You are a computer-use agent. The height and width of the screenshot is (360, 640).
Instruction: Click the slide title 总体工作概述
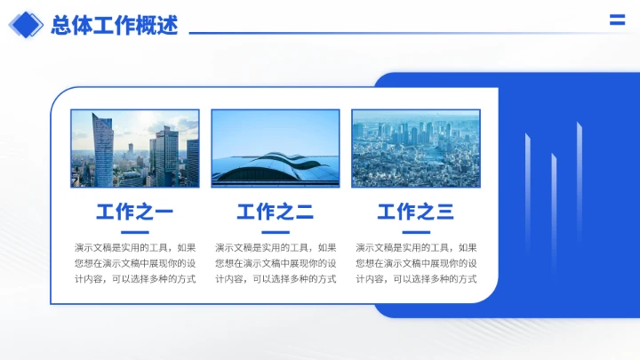[x=115, y=26]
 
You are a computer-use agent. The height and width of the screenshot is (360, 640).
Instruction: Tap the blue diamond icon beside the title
[x=26, y=25]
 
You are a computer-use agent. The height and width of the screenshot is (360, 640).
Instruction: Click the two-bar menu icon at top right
[x=617, y=21]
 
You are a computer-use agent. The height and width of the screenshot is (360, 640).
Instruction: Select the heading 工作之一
[x=134, y=212]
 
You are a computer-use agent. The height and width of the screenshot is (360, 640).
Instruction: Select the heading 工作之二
[x=275, y=212]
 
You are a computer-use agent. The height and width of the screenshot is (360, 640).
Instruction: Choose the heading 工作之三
[x=415, y=212]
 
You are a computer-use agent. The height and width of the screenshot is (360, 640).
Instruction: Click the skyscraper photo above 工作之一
[x=134, y=148]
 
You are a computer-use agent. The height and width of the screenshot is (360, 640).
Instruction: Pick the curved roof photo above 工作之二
[x=275, y=148]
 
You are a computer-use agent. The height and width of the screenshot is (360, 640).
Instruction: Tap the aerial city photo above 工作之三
[x=415, y=148]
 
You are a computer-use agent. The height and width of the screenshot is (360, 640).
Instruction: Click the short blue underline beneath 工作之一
[x=134, y=232]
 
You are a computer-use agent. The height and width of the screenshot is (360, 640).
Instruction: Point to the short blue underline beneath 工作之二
[x=275, y=232]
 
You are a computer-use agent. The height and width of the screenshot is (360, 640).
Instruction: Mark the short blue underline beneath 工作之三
[x=415, y=232]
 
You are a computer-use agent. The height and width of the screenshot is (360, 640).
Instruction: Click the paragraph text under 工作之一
[x=134, y=263]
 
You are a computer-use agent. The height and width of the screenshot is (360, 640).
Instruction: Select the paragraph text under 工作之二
[x=275, y=263]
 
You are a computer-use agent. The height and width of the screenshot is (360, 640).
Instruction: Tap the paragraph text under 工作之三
[x=415, y=263]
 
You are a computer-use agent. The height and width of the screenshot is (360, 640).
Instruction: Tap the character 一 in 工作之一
[x=163, y=212]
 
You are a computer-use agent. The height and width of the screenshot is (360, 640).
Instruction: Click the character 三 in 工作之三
[x=444, y=212]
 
